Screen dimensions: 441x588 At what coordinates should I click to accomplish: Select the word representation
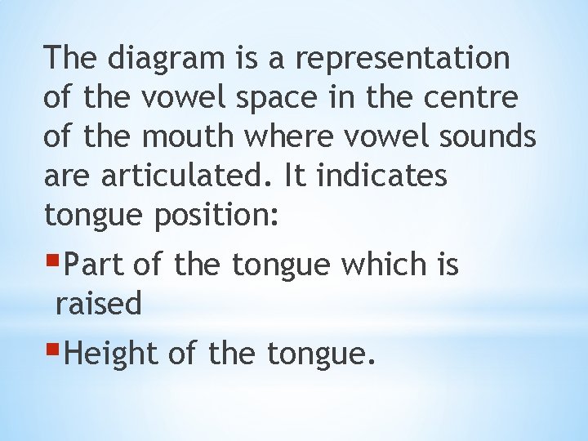402,59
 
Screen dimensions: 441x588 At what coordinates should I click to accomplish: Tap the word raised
98,304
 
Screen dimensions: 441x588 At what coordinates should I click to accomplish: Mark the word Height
111,354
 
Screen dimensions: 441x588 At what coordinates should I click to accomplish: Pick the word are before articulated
68,176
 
